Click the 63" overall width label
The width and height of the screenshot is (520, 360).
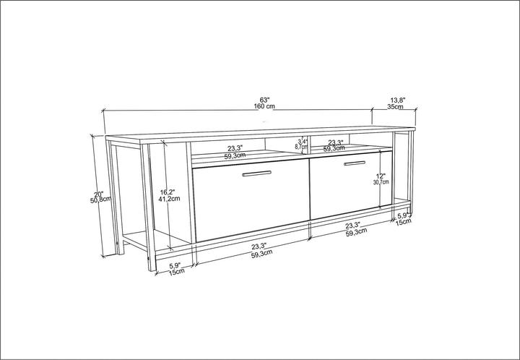tap(265, 99)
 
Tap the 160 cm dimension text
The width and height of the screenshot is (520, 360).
tap(264, 106)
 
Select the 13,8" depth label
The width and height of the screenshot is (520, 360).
tap(398, 100)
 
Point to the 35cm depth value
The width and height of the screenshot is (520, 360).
tap(396, 107)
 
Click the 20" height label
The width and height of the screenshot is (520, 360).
tap(99, 193)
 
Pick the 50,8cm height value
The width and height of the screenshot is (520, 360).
tap(100, 200)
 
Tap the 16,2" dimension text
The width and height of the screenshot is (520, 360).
tap(168, 192)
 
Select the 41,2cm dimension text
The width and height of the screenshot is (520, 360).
tap(169, 200)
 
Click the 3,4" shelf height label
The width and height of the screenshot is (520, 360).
tap(303, 141)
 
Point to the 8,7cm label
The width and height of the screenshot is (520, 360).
tap(302, 147)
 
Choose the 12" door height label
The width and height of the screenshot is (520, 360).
tap(381, 176)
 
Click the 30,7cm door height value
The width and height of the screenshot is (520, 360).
tap(381, 183)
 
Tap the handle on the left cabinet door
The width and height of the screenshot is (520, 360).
tap(256, 173)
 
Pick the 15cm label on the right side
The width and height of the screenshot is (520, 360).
tap(404, 222)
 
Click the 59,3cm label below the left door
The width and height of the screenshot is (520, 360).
tap(261, 254)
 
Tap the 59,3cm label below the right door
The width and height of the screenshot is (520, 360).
tap(355, 231)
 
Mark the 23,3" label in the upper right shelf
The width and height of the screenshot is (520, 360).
tap(336, 142)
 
